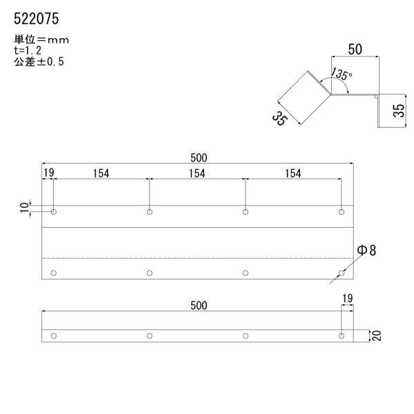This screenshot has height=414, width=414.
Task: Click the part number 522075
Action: click(x=37, y=19)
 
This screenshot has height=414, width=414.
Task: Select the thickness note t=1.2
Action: click(x=28, y=50)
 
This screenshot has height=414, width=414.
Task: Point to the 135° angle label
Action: click(x=342, y=74)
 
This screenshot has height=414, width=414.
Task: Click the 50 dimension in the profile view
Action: click(x=355, y=50)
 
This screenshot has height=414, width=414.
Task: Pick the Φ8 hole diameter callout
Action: click(x=366, y=250)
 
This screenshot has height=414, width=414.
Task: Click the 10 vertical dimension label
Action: click(x=24, y=208)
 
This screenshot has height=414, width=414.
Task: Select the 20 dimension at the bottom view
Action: click(x=377, y=335)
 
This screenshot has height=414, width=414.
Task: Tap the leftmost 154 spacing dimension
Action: click(x=101, y=174)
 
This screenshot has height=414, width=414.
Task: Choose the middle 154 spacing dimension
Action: click(x=197, y=174)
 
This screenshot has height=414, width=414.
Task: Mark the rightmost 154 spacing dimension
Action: click(x=293, y=174)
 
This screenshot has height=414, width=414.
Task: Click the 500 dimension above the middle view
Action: click(x=199, y=158)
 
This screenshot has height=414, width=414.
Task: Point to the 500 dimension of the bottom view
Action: click(x=199, y=306)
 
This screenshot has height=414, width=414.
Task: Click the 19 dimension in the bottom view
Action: click(x=348, y=298)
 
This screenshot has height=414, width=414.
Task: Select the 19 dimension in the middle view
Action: click(x=49, y=173)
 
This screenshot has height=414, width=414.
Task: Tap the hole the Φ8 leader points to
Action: click(x=342, y=273)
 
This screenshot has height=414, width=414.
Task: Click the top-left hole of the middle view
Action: click(x=54, y=212)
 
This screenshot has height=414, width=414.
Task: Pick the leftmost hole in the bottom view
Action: click(x=54, y=336)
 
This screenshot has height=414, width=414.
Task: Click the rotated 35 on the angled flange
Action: click(x=279, y=119)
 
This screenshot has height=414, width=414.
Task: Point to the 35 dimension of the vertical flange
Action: click(x=399, y=110)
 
